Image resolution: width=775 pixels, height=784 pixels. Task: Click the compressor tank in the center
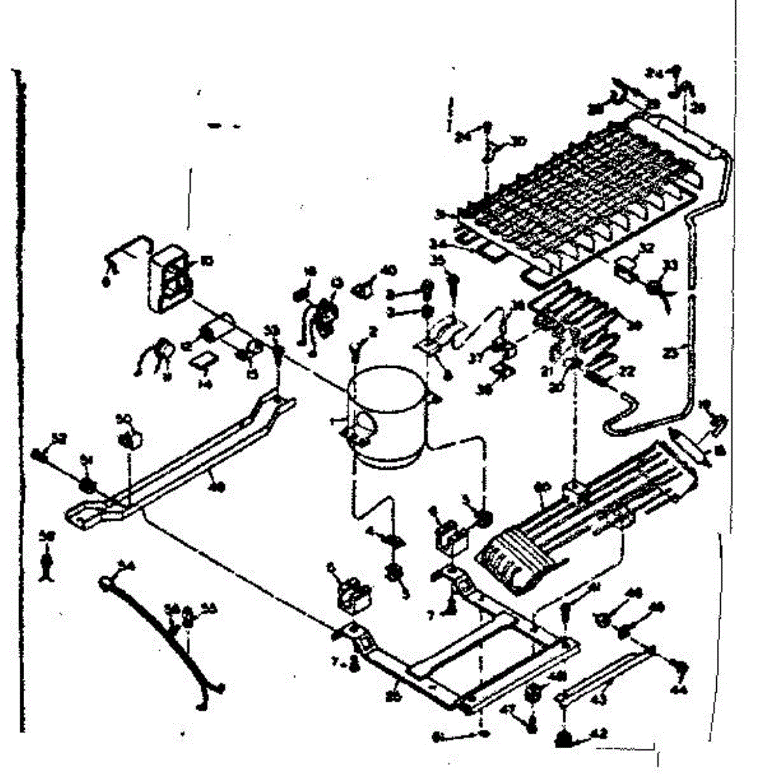[x=387, y=418]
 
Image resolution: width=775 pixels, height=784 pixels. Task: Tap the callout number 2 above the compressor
[x=373, y=332]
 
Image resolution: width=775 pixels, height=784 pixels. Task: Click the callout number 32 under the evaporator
[x=646, y=248]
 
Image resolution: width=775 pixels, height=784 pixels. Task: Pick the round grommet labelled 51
[x=86, y=485]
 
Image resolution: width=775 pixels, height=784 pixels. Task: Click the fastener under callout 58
[x=46, y=566]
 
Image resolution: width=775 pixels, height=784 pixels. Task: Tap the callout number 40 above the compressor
[x=388, y=270]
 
